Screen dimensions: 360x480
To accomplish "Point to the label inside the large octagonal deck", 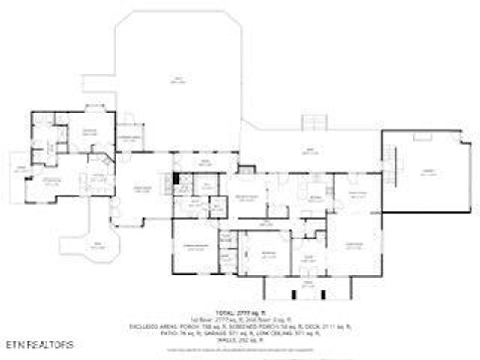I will tap(178, 79).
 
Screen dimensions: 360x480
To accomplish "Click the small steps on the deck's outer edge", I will tap(315, 122).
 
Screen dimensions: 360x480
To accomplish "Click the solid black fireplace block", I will tap(176, 179).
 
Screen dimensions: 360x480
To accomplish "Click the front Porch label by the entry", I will tap(308, 283).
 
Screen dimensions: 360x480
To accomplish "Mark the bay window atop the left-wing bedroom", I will tap(94, 107).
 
